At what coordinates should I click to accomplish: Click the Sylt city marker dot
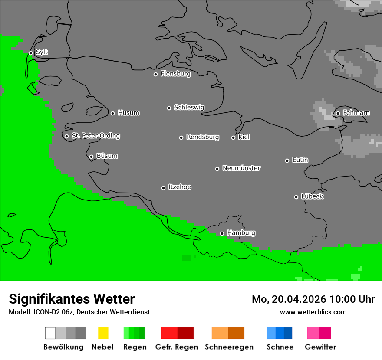tap(30, 53)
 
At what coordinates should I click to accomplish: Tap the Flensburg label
tap(175, 74)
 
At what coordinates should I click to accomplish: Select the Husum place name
tap(128, 113)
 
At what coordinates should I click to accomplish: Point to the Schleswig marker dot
tap(169, 108)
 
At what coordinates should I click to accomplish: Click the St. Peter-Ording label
tap(95, 136)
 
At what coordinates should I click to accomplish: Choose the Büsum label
tap(107, 156)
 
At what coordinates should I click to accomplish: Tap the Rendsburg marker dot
tap(181, 137)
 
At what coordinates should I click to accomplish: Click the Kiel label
tap(244, 137)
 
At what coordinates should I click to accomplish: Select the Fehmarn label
tap(356, 113)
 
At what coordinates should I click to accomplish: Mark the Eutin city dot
tap(287, 160)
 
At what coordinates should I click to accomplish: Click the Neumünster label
tap(241, 168)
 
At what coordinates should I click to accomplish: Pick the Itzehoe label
tap(180, 187)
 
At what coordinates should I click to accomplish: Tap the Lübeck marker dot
tap(296, 197)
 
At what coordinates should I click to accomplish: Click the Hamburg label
tap(241, 233)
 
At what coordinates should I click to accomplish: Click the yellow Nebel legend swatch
tap(103, 333)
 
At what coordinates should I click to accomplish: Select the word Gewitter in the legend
tap(320, 347)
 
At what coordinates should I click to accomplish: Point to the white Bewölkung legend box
tap(50, 333)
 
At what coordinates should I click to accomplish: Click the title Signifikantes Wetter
tap(72, 299)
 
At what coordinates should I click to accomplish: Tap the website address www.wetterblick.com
tap(313, 312)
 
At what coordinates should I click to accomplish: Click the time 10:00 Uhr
tap(352, 299)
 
